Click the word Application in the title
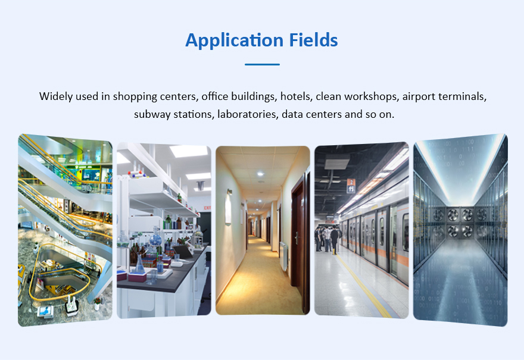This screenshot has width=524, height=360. (235, 40)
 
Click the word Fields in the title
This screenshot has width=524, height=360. (313, 40)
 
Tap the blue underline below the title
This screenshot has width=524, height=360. (262, 64)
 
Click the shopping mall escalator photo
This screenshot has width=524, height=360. (65, 230)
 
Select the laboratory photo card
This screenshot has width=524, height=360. (164, 230)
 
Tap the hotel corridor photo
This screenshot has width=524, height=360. (263, 230)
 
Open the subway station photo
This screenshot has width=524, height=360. (361, 230)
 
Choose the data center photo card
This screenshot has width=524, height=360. (460, 230)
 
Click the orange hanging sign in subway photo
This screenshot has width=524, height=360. (351, 186)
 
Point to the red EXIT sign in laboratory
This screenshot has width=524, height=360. (208, 208)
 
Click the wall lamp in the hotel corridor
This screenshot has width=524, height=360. (229, 207)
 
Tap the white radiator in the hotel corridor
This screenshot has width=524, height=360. (283, 255)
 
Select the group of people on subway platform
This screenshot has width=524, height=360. (328, 239)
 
